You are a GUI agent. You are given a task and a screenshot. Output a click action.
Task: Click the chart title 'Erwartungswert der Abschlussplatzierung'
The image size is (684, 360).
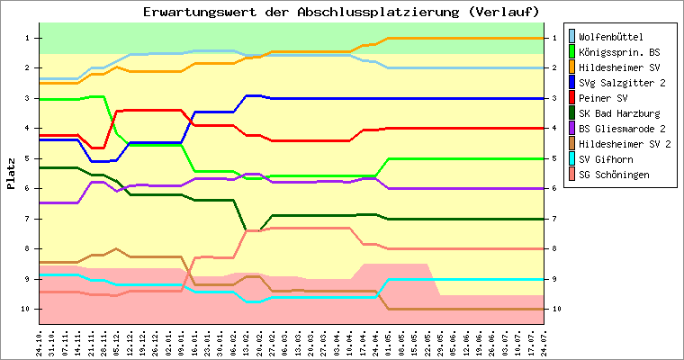pyautogui.click(x=301, y=12)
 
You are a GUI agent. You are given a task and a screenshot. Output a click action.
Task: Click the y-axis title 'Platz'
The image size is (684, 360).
pyautogui.click(x=11, y=174)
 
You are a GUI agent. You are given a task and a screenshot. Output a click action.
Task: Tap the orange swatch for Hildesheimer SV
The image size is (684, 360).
pyautogui.click(x=571, y=67)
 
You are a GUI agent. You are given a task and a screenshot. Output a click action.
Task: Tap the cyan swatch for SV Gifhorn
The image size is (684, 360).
pyautogui.click(x=571, y=158)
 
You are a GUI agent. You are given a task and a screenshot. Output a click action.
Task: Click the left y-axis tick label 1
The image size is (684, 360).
pyautogui.click(x=27, y=38)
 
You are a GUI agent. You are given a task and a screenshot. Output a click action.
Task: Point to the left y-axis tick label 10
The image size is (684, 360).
pyautogui.click(x=25, y=309)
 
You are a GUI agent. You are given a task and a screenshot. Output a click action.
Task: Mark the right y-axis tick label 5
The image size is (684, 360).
pyautogui.click(x=554, y=158)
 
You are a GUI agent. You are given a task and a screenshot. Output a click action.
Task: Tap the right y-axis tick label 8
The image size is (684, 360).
pyautogui.click(x=554, y=248)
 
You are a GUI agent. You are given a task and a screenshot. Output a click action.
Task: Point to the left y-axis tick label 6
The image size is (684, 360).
pyautogui.click(x=27, y=188)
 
